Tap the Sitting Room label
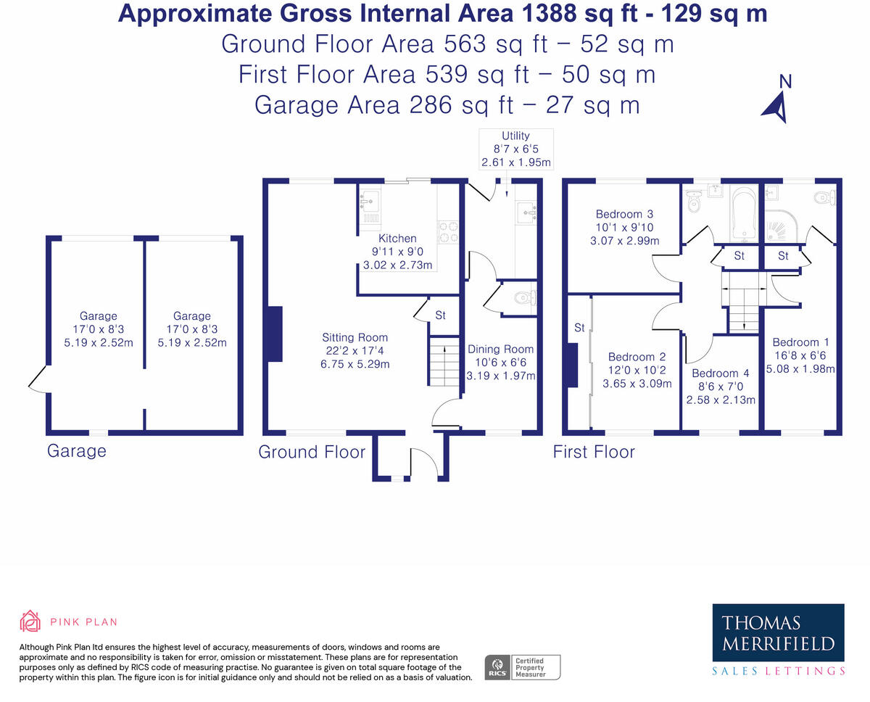coord(355,337)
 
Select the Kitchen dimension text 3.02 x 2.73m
coord(397,265)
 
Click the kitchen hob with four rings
coord(448,232)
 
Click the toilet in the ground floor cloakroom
coord(526,299)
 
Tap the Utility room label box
coord(516,149)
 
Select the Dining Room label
coord(500,349)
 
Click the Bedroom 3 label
coord(625,214)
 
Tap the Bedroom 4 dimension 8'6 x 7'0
coord(721,387)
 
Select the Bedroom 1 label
coord(801,342)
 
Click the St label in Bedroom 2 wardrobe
coord(579,328)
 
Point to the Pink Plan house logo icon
coord(30,621)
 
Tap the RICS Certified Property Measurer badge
coord(522,667)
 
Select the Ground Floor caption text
coord(312,452)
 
